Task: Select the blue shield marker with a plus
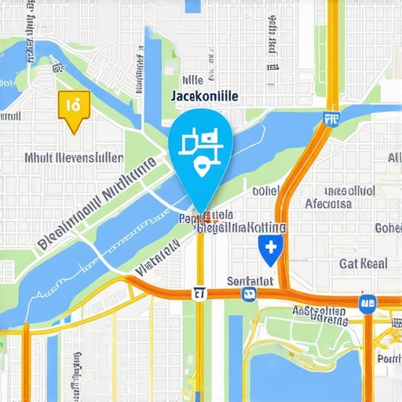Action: [269, 248]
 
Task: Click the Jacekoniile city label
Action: [203, 95]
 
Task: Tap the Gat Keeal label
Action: [364, 263]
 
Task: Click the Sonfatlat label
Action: [250, 280]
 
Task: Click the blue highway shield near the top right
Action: [331, 119]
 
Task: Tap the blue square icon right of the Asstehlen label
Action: [365, 302]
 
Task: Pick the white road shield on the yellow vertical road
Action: [199, 294]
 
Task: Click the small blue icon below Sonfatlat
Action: [250, 295]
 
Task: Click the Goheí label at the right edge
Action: [388, 228]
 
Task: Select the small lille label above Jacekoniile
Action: [192, 79]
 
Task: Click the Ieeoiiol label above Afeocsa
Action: [349, 190]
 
